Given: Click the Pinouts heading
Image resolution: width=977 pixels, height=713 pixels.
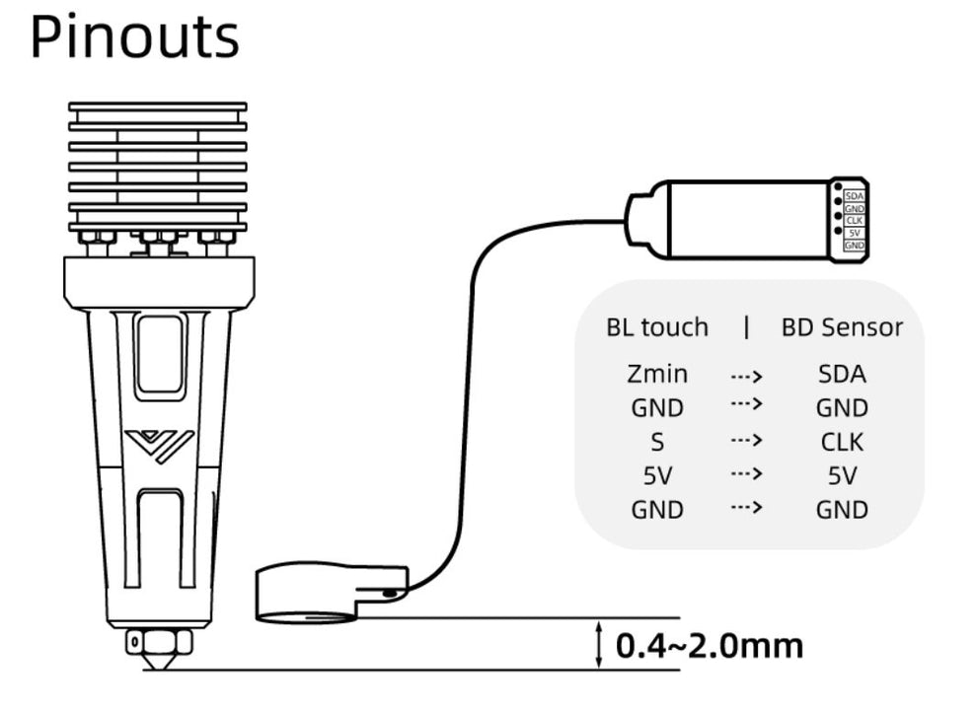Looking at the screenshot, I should (134, 37).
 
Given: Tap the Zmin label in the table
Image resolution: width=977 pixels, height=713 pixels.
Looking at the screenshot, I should (656, 374).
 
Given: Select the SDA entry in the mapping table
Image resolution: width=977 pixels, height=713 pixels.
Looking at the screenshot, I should (842, 374).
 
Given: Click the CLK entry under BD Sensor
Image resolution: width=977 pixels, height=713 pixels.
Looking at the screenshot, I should (842, 441).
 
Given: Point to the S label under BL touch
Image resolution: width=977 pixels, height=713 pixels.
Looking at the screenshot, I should (656, 441).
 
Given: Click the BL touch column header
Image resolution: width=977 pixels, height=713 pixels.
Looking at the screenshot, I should (656, 326).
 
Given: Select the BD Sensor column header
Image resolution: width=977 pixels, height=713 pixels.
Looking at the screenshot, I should (842, 326).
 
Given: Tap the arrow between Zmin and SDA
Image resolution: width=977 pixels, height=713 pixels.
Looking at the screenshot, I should (746, 375).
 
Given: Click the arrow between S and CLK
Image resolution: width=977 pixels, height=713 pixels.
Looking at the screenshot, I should (746, 441).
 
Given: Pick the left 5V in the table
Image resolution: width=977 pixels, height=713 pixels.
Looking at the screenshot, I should (656, 475).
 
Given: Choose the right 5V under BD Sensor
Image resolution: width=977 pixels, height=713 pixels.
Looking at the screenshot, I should (842, 475).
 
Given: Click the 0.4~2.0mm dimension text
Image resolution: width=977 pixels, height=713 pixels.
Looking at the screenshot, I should (709, 646).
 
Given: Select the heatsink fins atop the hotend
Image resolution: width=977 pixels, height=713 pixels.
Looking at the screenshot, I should (158, 163).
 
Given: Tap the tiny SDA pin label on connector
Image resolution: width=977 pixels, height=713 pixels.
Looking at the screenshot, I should (855, 196).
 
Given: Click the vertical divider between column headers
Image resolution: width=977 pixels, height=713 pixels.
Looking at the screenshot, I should (746, 326).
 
